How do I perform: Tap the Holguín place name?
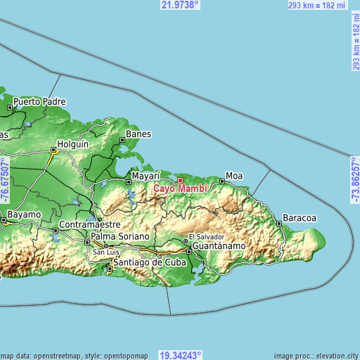click(73, 144)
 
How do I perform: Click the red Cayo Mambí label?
click(179, 188)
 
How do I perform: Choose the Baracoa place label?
click(300, 217)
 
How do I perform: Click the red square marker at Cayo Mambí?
click(180, 180)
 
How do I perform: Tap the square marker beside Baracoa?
click(280, 223)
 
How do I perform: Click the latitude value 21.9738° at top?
click(180, 5)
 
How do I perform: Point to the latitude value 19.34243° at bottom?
click(180, 355)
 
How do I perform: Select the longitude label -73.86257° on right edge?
click(355, 180)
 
